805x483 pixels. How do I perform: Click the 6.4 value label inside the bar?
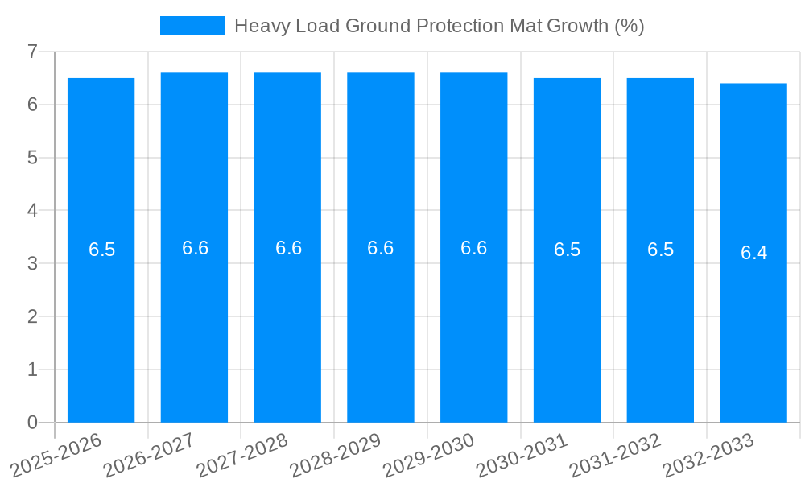753,253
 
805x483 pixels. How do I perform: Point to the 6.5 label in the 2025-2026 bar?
101,250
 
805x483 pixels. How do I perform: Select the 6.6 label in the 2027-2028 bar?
288,248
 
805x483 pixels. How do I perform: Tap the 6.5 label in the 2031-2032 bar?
660,250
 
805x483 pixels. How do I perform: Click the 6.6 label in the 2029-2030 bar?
473,248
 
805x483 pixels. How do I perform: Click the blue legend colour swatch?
192,26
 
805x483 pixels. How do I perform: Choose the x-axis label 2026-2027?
150,454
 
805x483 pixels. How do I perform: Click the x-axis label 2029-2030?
429,454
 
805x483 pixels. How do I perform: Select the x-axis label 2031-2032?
616,454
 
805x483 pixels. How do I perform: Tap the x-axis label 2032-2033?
708,454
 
